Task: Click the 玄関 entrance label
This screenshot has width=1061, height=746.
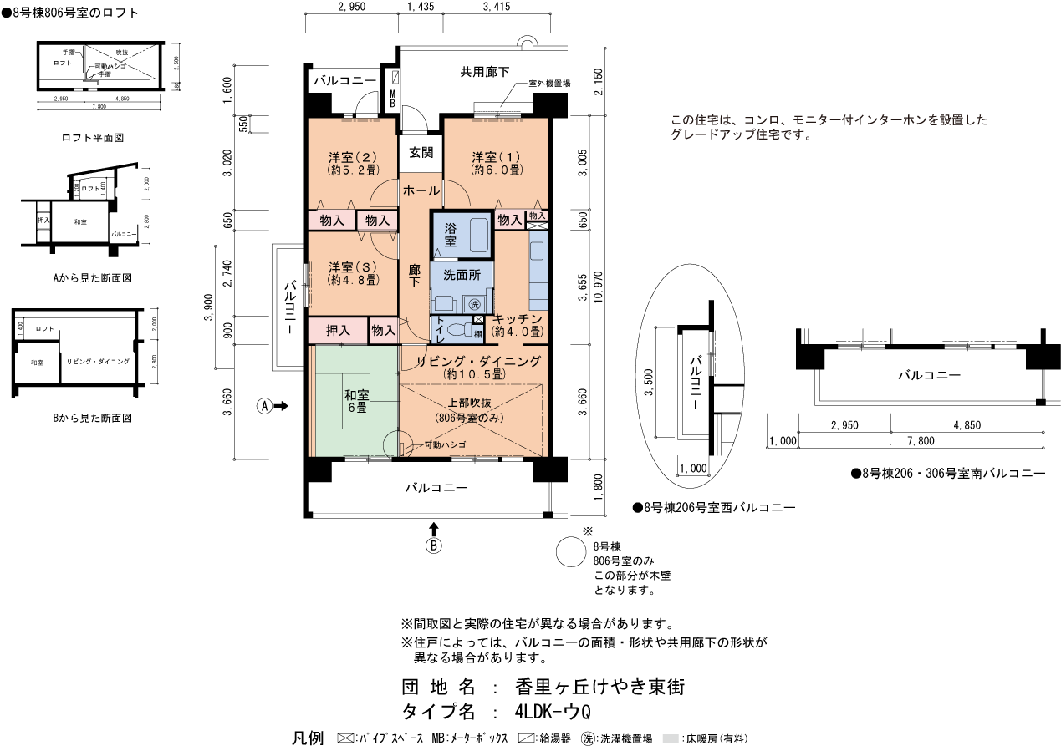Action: pos(421,153)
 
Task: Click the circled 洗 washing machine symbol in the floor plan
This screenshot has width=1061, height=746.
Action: pos(475,303)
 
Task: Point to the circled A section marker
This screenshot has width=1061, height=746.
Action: pos(264,406)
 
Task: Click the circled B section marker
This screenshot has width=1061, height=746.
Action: pos(434,546)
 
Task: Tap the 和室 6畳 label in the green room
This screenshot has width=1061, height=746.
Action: pos(355,401)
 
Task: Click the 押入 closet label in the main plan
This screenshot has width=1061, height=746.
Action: pos(337,331)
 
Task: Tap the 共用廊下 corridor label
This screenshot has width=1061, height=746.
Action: pos(485,73)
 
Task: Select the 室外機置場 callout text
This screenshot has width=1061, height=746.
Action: pos(549,84)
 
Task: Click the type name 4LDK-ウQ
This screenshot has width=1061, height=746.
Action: pos(553,713)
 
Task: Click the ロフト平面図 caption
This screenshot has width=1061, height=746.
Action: pos(93,137)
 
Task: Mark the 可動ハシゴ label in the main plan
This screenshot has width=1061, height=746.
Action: pos(444,445)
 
